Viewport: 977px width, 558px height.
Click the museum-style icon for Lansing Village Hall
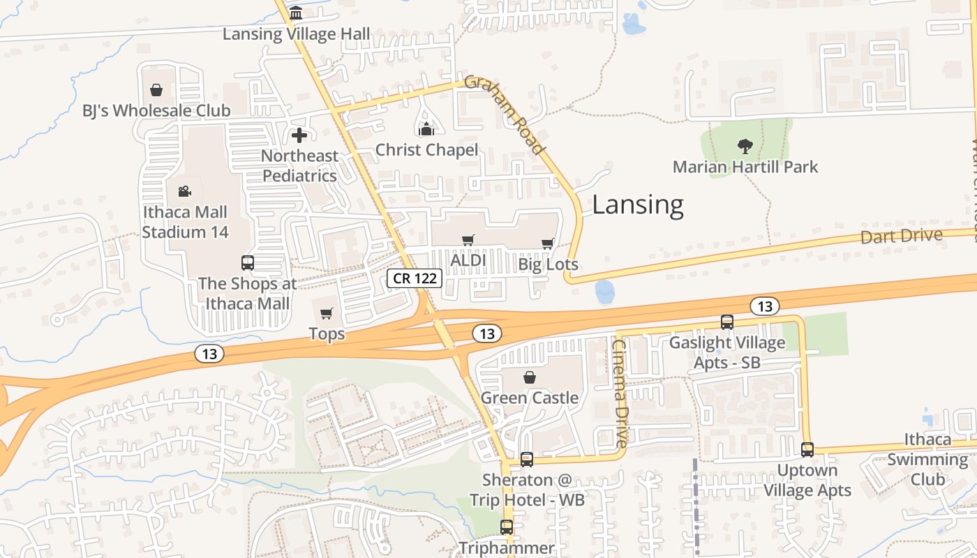pos(296,13)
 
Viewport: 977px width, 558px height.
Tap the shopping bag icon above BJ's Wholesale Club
pos(156,90)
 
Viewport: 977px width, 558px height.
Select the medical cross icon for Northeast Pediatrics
pos(299,135)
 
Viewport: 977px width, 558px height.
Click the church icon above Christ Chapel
pos(426,129)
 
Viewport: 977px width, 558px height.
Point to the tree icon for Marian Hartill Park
pos(745,146)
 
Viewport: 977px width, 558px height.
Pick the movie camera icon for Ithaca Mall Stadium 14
pos(185,191)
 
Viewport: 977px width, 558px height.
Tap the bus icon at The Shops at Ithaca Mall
pos(248,263)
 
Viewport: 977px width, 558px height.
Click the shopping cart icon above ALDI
pos(468,241)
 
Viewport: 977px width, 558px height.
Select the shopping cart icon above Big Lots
pos(548,244)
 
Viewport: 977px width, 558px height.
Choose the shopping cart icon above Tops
pos(327,314)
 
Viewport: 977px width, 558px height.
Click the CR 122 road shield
pos(415,279)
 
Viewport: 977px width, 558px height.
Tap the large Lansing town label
pos(638,205)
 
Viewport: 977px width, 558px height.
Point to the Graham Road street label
pos(504,114)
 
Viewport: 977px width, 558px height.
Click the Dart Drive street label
pos(901,236)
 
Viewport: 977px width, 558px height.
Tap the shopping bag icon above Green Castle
pos(530,378)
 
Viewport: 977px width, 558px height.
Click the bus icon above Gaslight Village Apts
pos(726,322)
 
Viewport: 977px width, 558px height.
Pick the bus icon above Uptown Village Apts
pos(807,450)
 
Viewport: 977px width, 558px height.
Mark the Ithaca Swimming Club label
pos(927,459)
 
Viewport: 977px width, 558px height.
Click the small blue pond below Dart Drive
pos(604,292)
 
